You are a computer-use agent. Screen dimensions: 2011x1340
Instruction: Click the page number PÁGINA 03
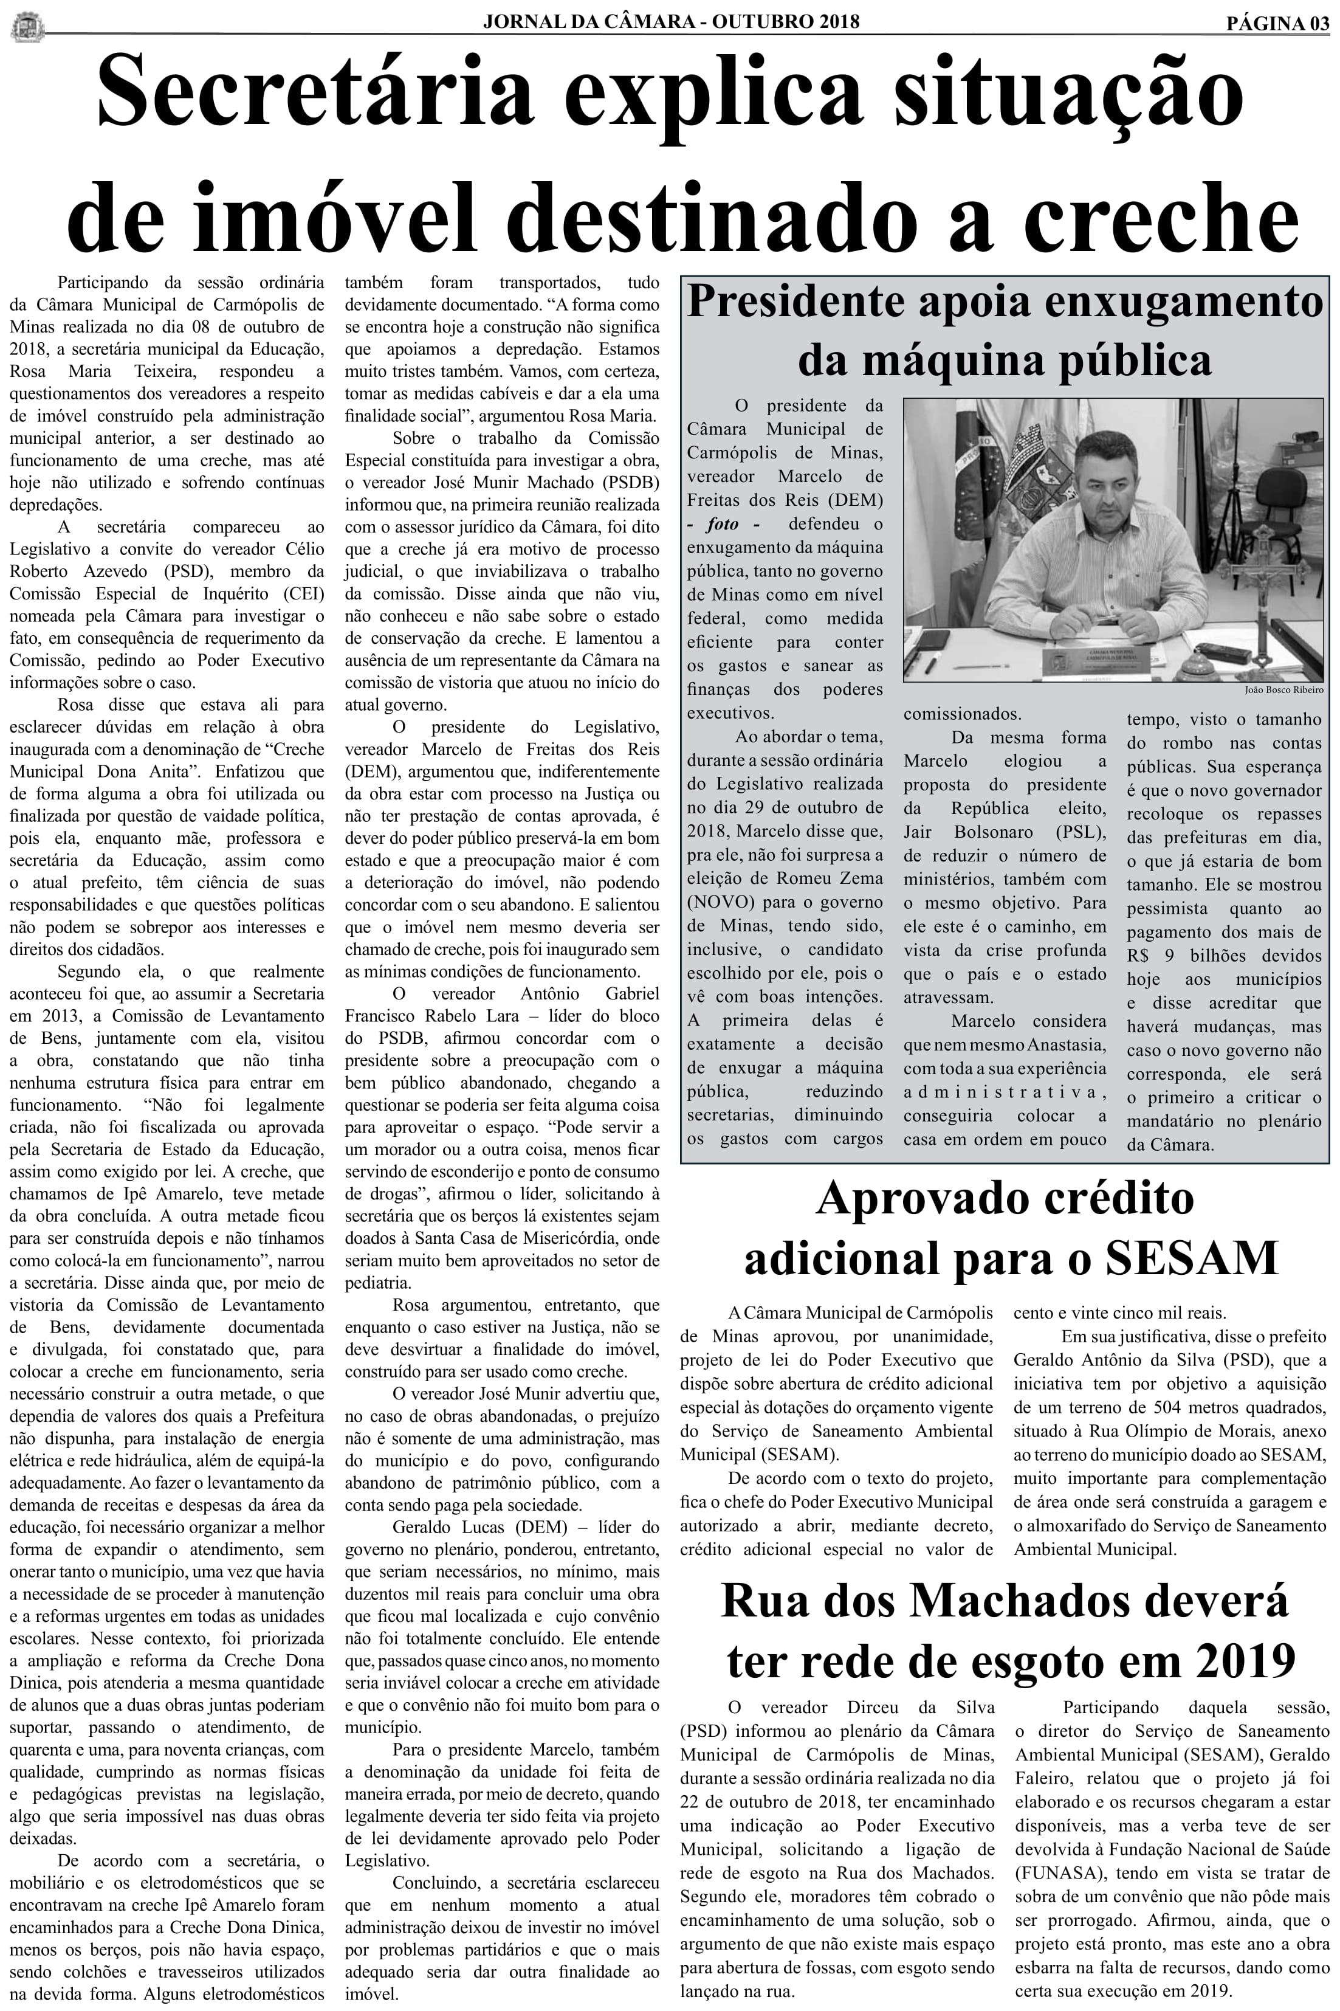click(x=1277, y=23)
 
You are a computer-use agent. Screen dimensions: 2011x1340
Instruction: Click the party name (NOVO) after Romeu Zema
click(x=720, y=902)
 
